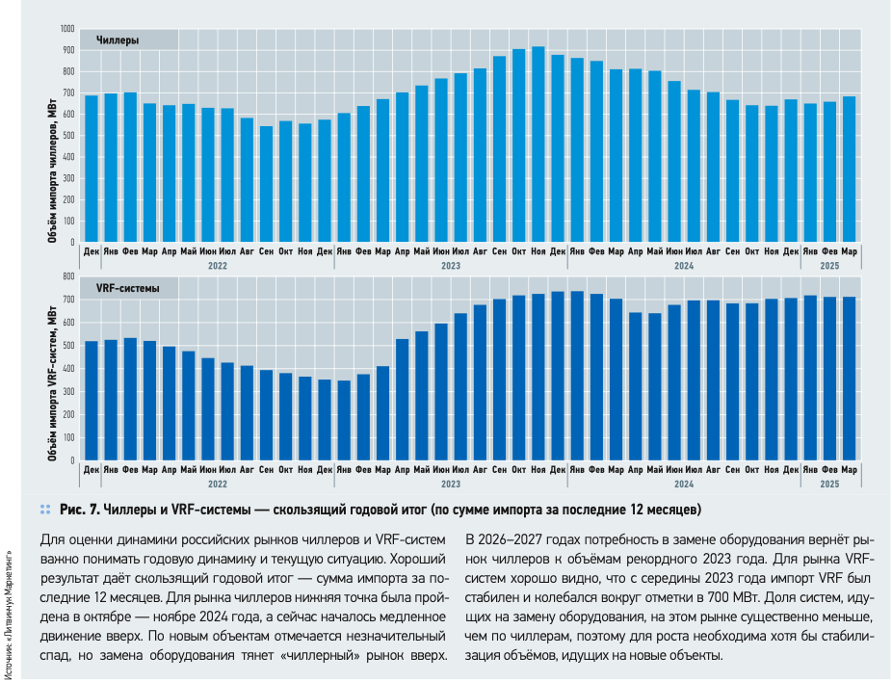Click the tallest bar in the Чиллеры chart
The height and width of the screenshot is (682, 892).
pyautogui.click(x=538, y=144)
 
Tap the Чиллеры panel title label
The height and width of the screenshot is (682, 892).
pyautogui.click(x=117, y=41)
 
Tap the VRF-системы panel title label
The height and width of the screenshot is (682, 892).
pyautogui.click(x=128, y=288)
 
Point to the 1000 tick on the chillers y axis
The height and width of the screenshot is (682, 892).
pyautogui.click(x=66, y=29)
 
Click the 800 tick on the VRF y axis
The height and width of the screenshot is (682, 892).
pyautogui.click(x=68, y=276)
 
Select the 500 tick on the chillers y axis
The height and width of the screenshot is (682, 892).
pyautogui.click(x=68, y=136)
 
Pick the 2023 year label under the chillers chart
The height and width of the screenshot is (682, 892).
pyautogui.click(x=451, y=265)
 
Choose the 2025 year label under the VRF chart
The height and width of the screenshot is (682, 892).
pyautogui.click(x=829, y=483)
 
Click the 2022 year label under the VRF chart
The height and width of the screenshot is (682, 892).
pyautogui.click(x=218, y=483)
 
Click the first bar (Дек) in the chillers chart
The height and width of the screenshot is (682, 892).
pyautogui.click(x=92, y=169)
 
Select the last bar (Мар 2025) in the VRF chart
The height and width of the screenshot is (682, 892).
pyautogui.click(x=849, y=379)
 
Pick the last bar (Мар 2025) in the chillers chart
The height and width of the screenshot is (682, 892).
pyautogui.click(x=849, y=170)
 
